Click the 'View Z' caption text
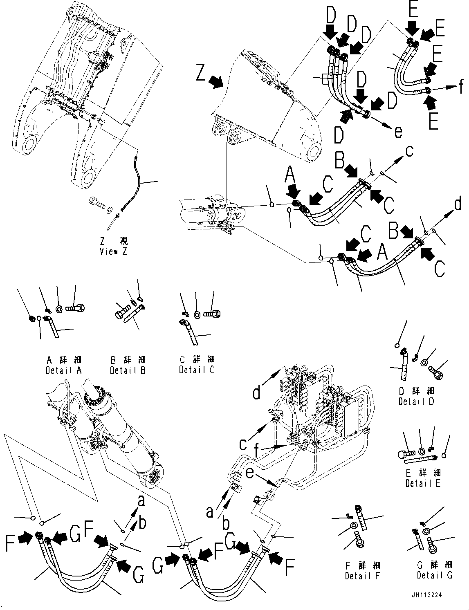pyautogui.click(x=113, y=251)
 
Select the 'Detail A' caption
pyautogui.click(x=64, y=370)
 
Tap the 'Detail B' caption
pyautogui.click(x=128, y=370)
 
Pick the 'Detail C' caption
pyautogui.click(x=197, y=370)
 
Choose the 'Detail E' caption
pyautogui.click(x=423, y=483)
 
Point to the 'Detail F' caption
pyautogui.click(x=363, y=576)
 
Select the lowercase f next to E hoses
pyautogui.click(x=461, y=86)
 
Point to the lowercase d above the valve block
pyautogui.click(x=256, y=393)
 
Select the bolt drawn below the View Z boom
pyautogui.click(x=96, y=202)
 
